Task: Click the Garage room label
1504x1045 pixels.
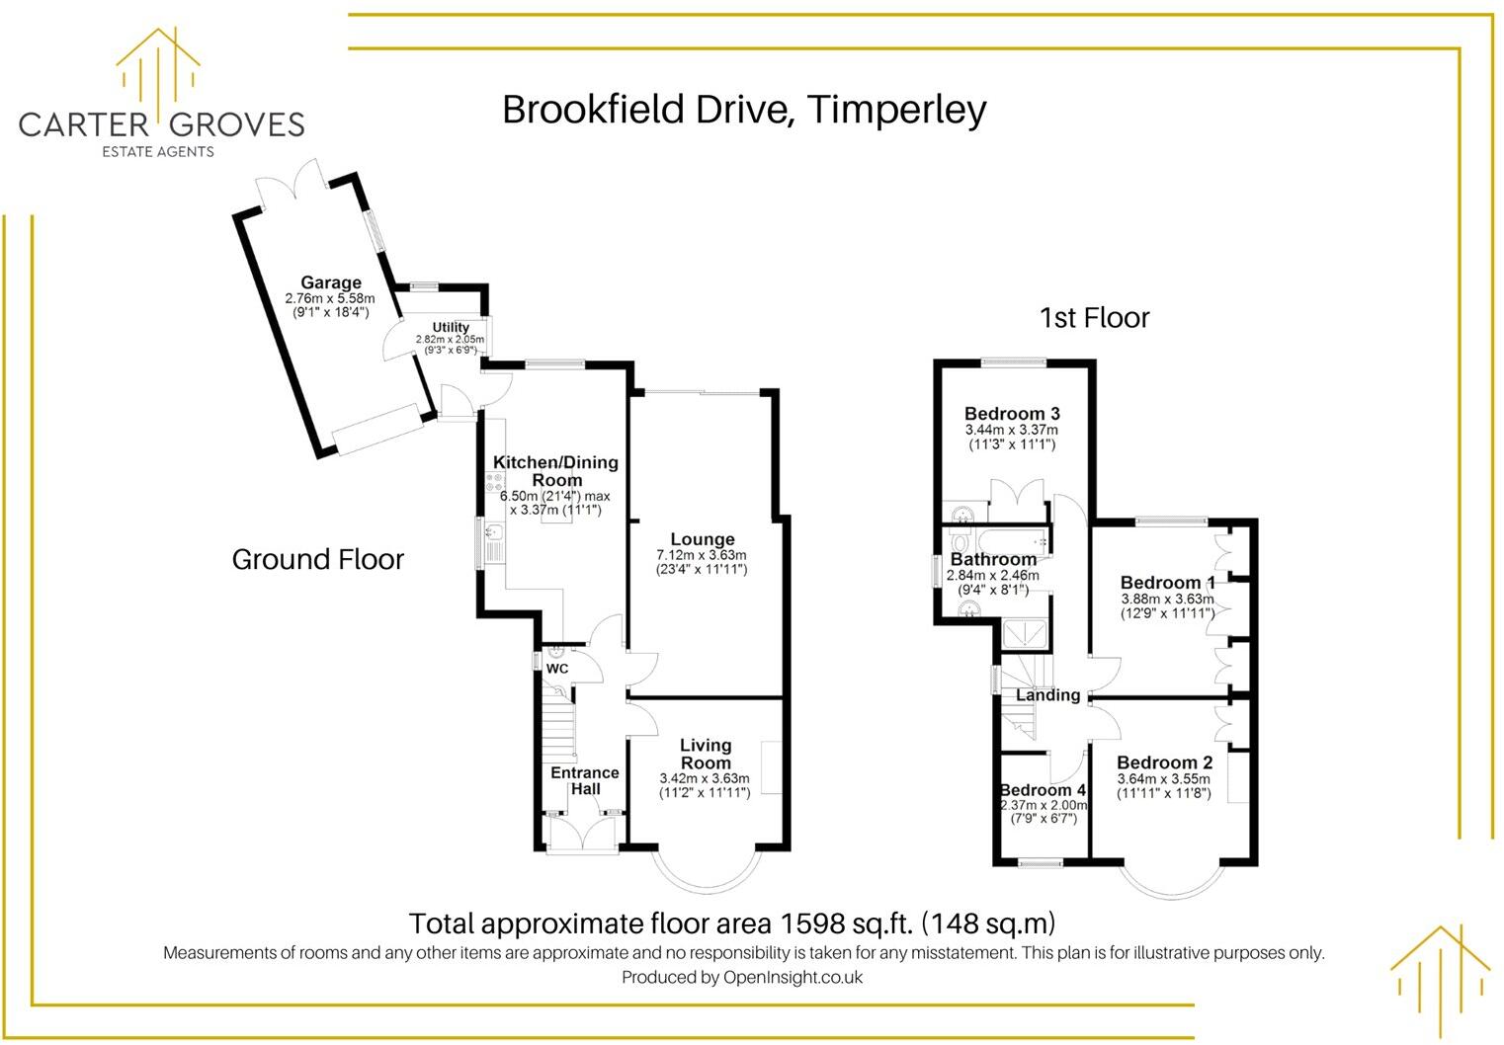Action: point(331,282)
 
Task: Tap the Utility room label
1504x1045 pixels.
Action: point(451,327)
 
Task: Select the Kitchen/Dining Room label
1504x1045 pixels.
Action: point(555,470)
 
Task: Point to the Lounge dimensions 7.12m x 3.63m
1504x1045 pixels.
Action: point(702,555)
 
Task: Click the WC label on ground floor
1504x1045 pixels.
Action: point(557,669)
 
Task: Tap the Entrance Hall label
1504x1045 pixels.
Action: point(585,780)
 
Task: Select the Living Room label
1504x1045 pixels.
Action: point(706,754)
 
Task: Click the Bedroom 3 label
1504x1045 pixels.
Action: point(1012,414)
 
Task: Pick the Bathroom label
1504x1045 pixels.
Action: point(993,559)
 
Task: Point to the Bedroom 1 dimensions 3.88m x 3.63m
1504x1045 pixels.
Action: point(1167,600)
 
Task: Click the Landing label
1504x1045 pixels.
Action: point(1047,695)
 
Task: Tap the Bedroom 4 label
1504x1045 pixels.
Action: point(1043,790)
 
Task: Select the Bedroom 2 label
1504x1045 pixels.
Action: point(1164,763)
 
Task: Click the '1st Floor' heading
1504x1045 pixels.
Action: point(1094,318)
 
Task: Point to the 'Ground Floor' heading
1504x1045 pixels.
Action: point(318,559)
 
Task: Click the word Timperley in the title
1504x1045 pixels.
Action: point(896,109)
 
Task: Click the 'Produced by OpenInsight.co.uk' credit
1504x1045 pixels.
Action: point(742,977)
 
